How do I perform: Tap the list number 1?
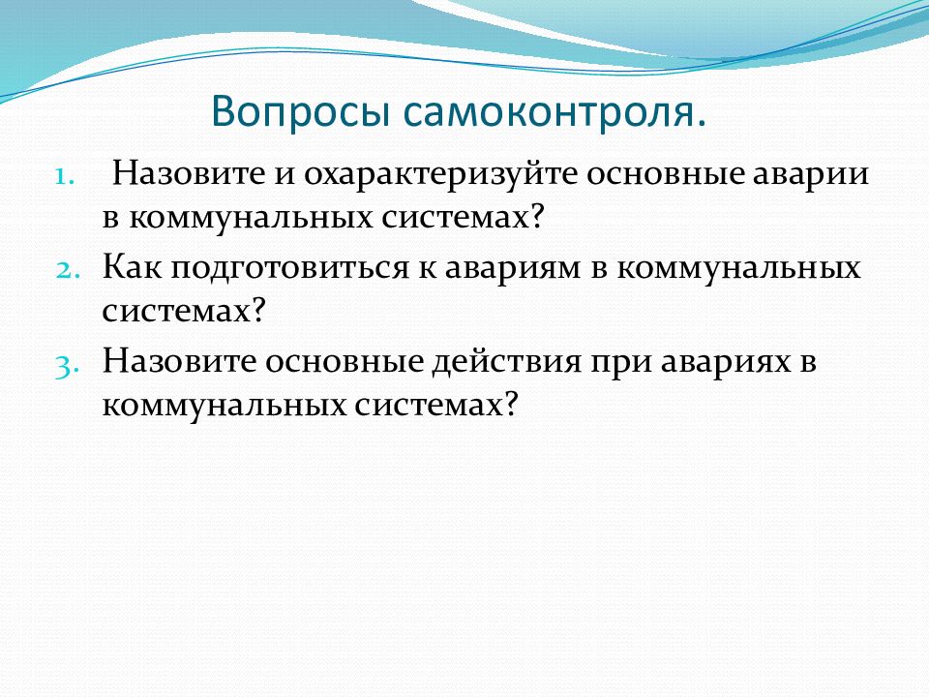pos(65,176)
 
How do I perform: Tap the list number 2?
pos(68,270)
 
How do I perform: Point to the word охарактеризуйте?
pos(441,174)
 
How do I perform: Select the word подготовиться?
pos(289,269)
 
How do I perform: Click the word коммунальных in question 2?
pos(738,269)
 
